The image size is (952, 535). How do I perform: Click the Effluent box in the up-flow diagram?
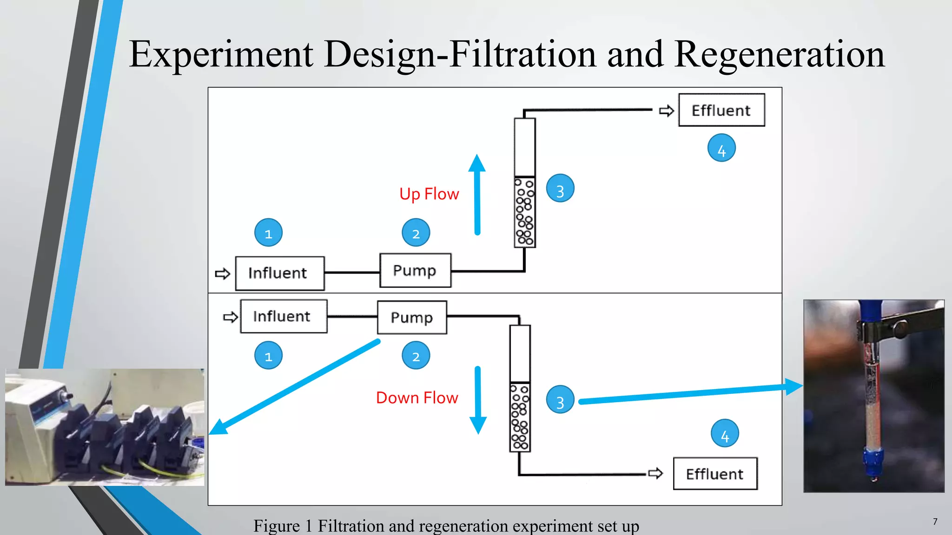point(721,110)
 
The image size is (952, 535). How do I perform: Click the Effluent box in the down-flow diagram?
point(715,474)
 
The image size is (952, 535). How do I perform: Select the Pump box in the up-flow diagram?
point(415,270)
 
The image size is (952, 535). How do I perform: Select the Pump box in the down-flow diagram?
point(412,318)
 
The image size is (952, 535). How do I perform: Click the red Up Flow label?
point(429,194)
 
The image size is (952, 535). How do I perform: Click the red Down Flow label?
point(417,398)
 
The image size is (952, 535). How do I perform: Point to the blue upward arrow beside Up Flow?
point(477,195)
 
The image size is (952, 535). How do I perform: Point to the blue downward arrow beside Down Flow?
point(477,400)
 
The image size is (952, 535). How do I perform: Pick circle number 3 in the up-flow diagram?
point(560,189)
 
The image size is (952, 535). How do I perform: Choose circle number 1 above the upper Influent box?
point(268,233)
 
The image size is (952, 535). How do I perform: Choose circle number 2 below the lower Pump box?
point(416,356)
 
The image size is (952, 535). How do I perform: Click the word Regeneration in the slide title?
point(779,55)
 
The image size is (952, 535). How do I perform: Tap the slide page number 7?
point(935,522)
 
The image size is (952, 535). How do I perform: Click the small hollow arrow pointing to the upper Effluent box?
point(666,111)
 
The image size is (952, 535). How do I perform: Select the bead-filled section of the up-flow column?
point(525,212)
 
